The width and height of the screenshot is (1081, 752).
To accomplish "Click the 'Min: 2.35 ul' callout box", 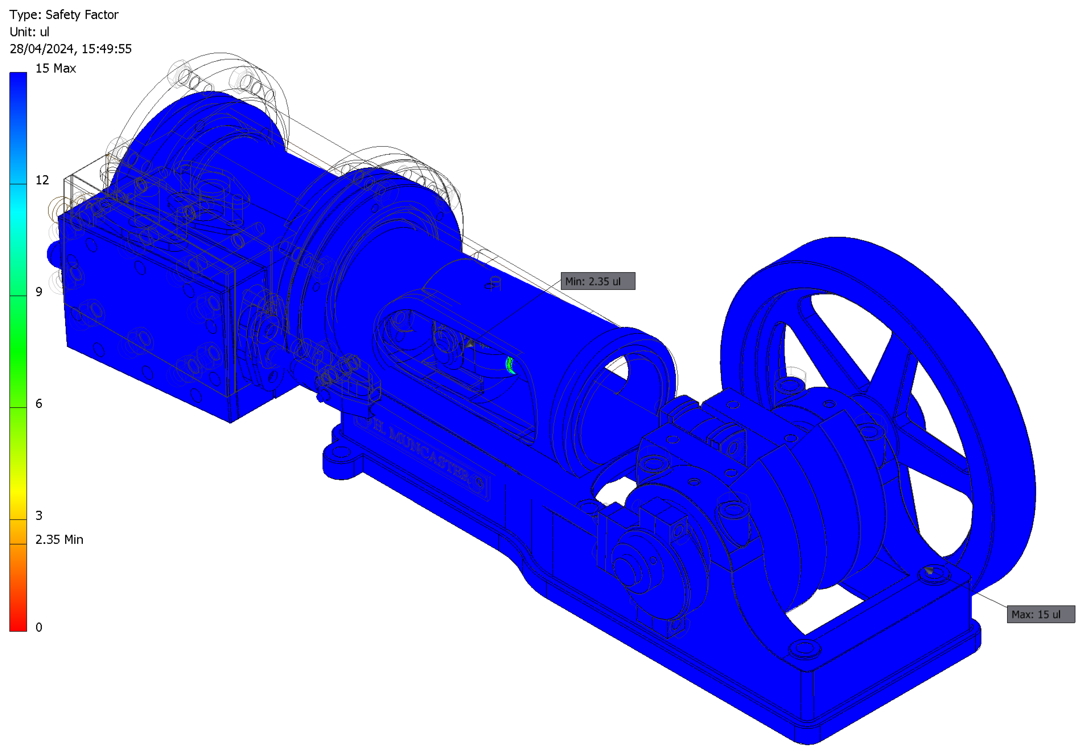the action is (598, 281).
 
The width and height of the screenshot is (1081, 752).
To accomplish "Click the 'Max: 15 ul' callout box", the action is (1041, 614).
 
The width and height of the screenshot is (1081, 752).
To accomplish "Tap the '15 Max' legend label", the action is (56, 68).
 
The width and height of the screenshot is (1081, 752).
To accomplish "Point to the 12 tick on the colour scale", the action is (42, 180).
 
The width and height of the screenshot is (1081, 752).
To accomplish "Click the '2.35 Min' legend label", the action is (59, 539).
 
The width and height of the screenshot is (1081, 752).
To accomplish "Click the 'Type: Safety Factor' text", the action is (64, 14).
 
